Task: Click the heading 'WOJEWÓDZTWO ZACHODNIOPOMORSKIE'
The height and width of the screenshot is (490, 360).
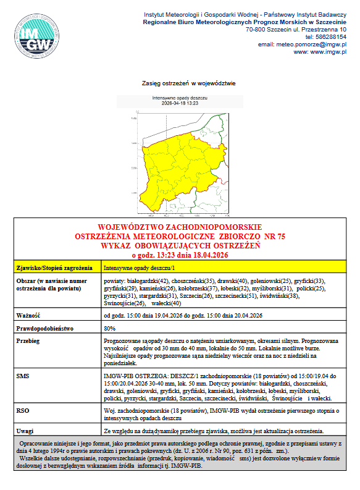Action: tap(180, 227)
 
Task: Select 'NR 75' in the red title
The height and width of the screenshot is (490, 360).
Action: tap(274, 237)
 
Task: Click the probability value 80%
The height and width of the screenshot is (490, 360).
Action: tap(110, 328)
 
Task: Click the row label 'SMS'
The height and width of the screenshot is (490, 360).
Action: tap(23, 376)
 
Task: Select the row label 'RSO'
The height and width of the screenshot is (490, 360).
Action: tap(23, 410)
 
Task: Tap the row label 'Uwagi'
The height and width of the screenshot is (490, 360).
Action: tap(25, 430)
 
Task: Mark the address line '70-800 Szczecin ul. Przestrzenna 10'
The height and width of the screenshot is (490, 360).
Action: tap(296, 29)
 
